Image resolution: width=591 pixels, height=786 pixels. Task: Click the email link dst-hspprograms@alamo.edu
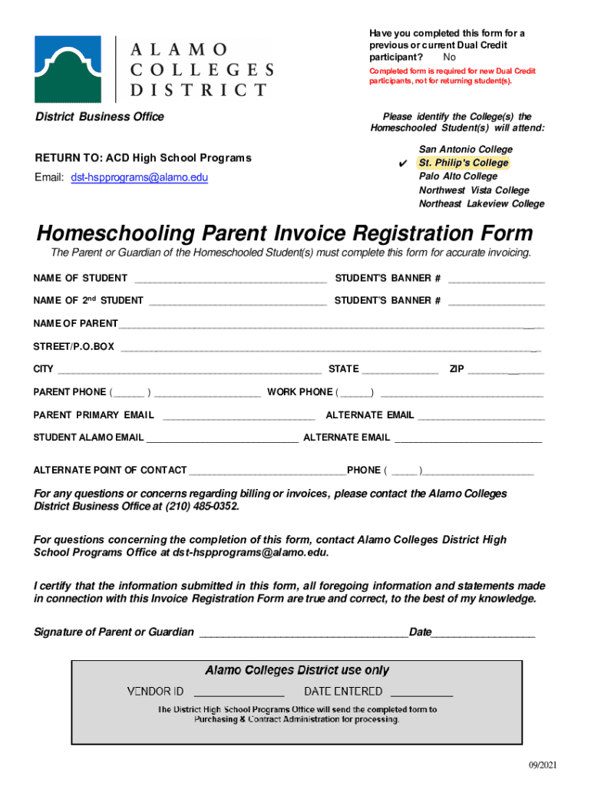(140, 177)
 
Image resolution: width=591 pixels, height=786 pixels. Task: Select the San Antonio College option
(465, 149)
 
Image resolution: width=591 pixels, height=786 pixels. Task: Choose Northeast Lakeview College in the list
(481, 204)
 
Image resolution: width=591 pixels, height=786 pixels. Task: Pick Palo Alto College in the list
(457, 177)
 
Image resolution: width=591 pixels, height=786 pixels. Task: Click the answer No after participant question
(449, 58)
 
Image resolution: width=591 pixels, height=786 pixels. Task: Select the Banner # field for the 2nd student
(496, 301)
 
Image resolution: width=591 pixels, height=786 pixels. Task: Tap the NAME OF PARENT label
(75, 324)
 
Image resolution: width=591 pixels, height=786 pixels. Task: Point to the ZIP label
(457, 370)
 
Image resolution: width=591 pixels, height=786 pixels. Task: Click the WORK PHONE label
(299, 392)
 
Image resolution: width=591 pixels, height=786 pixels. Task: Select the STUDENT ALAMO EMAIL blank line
(223, 438)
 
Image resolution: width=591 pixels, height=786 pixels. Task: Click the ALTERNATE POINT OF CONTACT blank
(267, 471)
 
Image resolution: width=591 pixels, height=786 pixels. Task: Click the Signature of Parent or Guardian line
(303, 633)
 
